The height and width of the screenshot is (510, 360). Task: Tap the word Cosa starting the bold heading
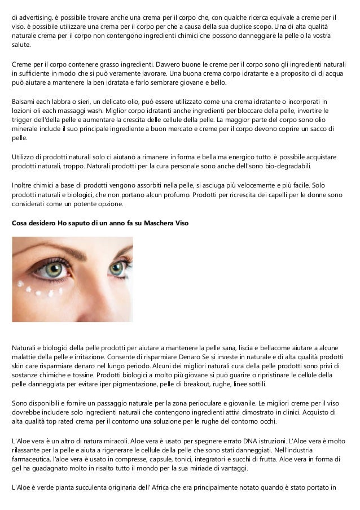[21, 223]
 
